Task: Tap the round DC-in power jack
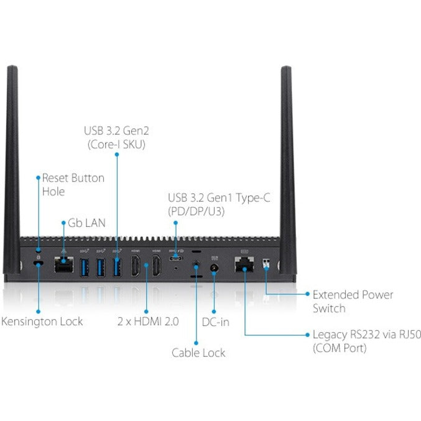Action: click(214, 267)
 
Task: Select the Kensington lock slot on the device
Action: click(39, 265)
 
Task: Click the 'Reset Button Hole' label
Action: click(72, 184)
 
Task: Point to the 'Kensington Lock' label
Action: click(42, 322)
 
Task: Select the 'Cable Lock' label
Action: click(198, 353)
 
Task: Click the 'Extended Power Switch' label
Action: click(352, 302)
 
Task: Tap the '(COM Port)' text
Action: click(339, 348)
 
